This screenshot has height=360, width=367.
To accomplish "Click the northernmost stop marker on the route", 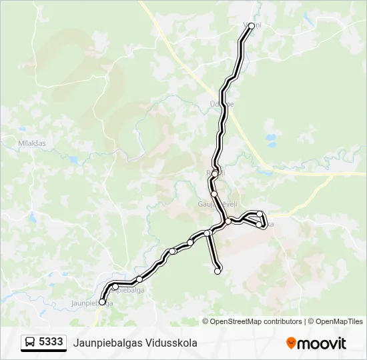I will pos(252,26).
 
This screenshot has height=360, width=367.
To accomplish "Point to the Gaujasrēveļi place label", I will pos(213,205).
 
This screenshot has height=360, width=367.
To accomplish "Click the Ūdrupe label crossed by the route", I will pos(222,105).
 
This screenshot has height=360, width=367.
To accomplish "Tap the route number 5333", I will pos(51,342).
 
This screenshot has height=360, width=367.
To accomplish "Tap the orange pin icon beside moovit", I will pos(291,343).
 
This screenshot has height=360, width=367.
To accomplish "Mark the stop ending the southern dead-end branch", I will pos(218,271).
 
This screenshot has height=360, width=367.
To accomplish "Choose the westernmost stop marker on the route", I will pos(102,302).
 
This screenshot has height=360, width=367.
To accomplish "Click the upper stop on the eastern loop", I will pos(260,214).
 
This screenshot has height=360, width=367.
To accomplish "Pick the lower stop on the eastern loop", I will pos(259,225).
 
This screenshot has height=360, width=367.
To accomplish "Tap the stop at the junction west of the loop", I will pos(228,221).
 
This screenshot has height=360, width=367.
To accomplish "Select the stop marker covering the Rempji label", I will pos(215,173).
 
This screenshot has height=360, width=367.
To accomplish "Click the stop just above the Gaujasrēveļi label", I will pos(214,194).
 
